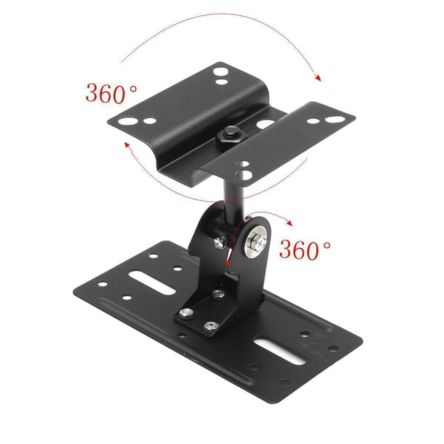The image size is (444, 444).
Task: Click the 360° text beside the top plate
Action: tap(111, 93)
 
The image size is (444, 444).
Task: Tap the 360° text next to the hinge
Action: tap(305, 249)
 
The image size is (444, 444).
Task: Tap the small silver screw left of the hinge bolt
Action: tap(219, 242)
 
